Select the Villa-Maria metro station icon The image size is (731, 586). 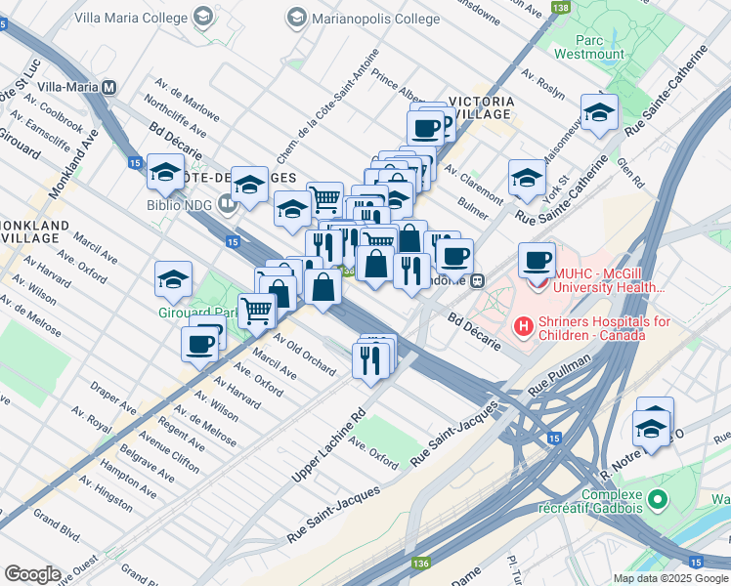[x=110, y=86]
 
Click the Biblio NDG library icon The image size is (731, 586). [x=229, y=204]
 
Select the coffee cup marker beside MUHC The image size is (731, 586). [x=537, y=260]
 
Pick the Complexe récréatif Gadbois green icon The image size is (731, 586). [x=658, y=500]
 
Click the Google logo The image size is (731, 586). [x=33, y=574]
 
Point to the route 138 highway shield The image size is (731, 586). [x=559, y=8]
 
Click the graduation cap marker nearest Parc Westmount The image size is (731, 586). [x=598, y=111]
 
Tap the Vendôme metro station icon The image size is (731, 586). [x=478, y=281]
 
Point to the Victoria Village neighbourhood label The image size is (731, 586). [x=479, y=106]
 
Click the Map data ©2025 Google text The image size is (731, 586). [x=669, y=578]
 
